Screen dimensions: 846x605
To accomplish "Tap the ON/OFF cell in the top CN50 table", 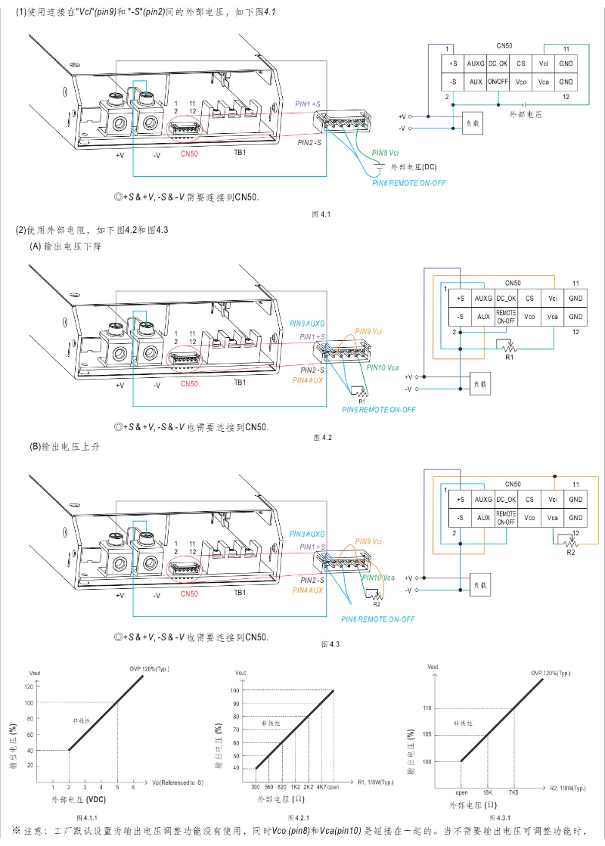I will [498, 82].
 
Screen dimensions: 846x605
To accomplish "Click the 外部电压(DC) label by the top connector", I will [418, 166].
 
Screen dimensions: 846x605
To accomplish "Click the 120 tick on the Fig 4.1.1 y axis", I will [29, 686].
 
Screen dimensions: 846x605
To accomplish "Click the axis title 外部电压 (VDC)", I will [78, 799].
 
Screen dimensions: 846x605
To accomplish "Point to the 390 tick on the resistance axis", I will [256, 786].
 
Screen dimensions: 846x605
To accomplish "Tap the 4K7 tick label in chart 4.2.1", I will [321, 786].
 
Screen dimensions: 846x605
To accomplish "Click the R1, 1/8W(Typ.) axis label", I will [375, 782].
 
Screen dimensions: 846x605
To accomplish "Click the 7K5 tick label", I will [514, 791].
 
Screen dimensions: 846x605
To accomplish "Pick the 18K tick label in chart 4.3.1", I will [488, 791].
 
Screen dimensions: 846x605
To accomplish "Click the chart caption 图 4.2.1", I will [299, 818].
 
